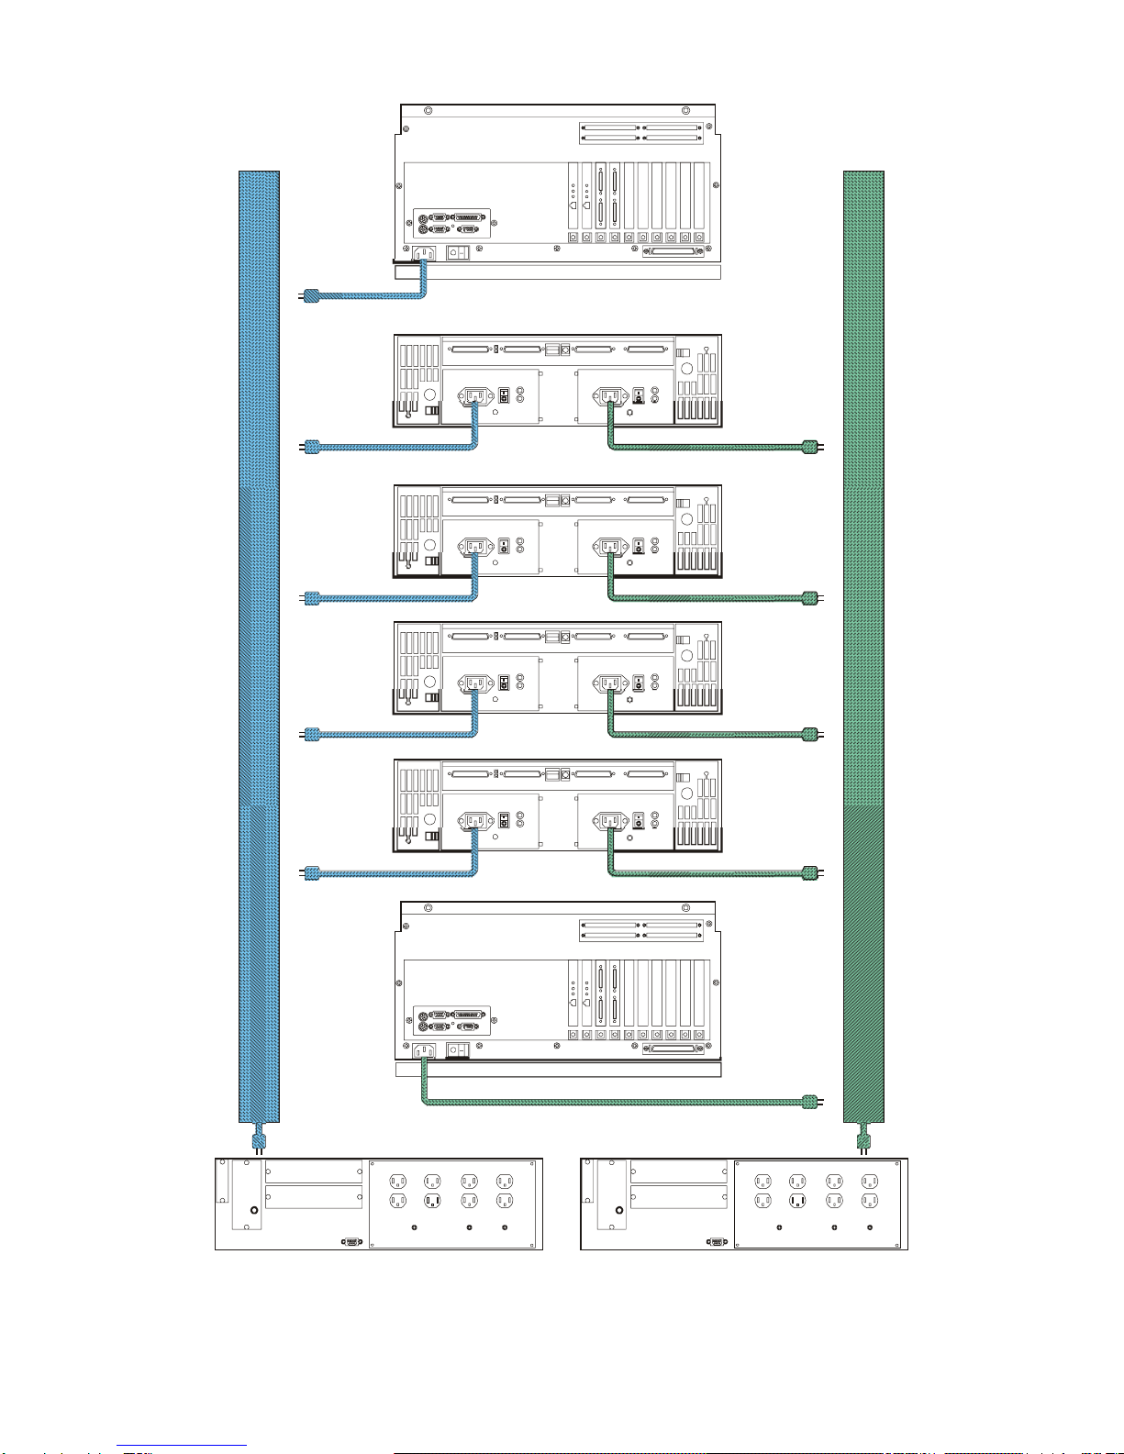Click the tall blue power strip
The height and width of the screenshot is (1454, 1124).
click(x=259, y=642)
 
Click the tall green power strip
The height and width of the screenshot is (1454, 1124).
click(x=863, y=642)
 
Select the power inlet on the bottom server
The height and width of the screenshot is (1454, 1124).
click(x=423, y=1050)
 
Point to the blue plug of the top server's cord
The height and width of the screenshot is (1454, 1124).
click(x=312, y=295)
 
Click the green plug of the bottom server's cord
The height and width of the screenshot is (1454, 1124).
click(x=809, y=1101)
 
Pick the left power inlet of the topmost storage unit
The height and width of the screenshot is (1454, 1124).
click(x=474, y=396)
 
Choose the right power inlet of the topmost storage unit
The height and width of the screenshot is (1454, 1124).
click(x=608, y=396)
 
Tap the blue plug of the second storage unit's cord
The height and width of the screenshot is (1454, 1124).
click(x=312, y=598)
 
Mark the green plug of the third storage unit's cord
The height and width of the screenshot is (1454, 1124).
click(x=809, y=734)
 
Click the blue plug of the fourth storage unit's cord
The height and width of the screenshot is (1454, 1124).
click(x=312, y=872)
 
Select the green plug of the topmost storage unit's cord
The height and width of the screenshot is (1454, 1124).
click(x=809, y=447)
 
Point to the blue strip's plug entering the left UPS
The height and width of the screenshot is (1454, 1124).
click(x=259, y=1141)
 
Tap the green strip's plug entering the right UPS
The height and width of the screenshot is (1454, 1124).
click(x=863, y=1141)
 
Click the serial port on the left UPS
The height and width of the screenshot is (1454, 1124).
click(x=351, y=1240)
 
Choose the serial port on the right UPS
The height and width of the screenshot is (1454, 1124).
click(x=716, y=1240)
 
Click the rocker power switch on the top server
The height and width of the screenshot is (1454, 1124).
click(x=458, y=252)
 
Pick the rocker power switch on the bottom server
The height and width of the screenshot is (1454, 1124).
click(x=458, y=1049)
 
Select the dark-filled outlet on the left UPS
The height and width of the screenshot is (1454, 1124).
click(x=433, y=1200)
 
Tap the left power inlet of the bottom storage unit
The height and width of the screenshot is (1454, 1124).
click(x=474, y=820)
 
